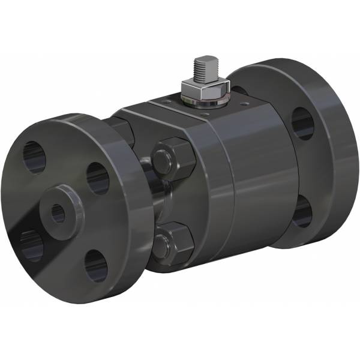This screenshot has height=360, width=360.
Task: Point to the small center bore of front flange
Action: [58, 213]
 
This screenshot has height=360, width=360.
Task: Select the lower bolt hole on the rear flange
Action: [302, 212]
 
